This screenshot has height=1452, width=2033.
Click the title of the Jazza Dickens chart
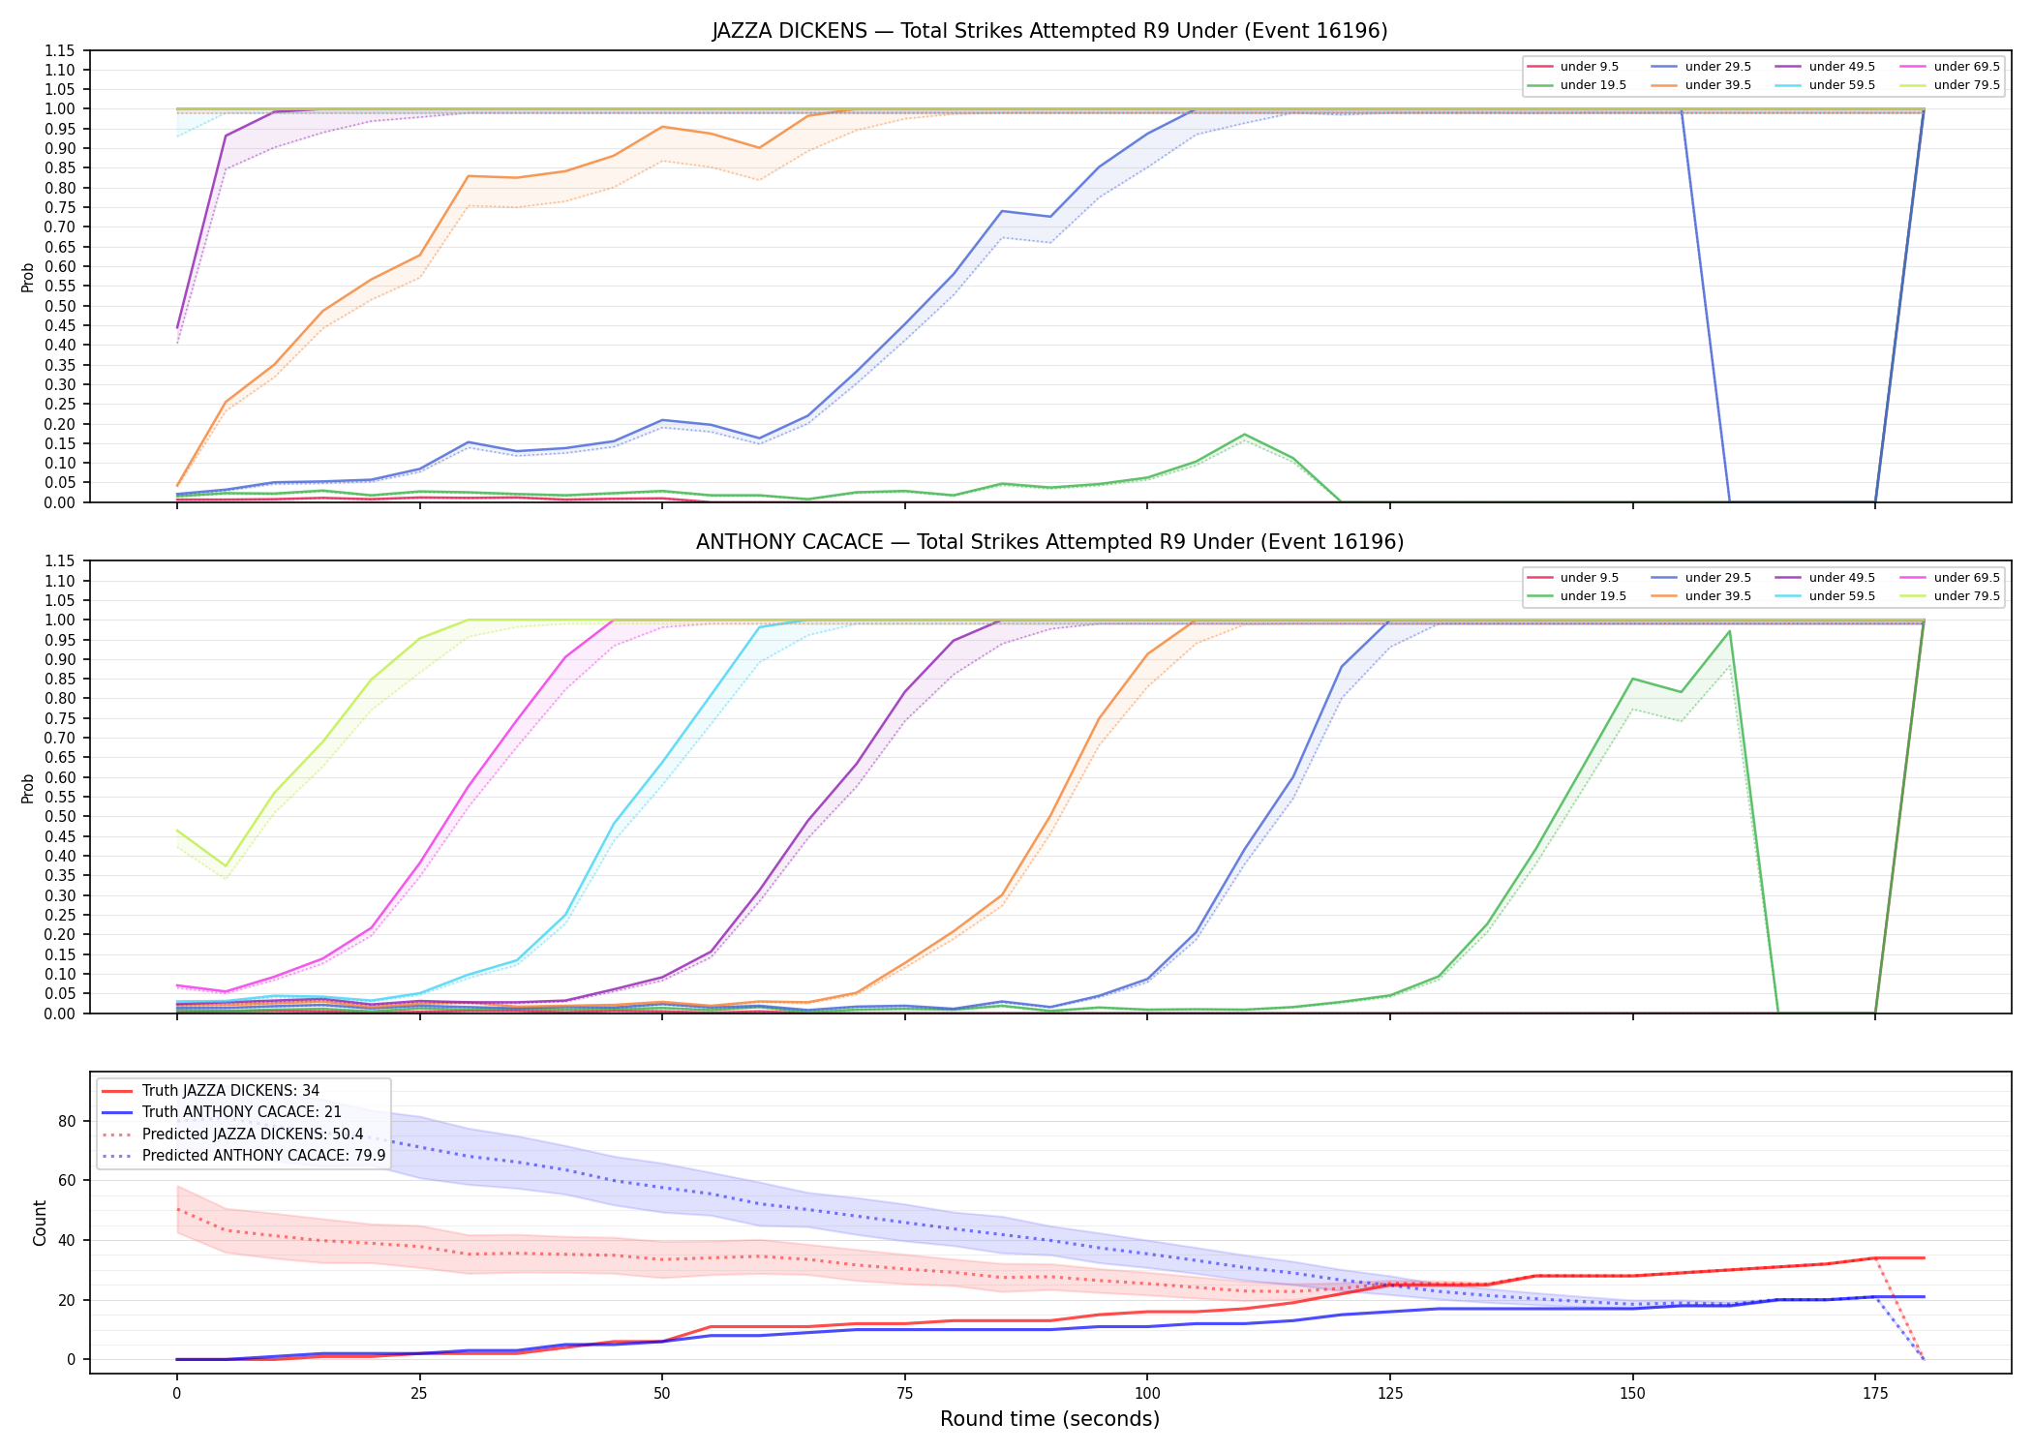click(x=1049, y=31)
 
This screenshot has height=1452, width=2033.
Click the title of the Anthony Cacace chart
click(x=1049, y=542)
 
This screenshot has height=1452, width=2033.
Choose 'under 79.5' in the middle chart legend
click(x=1966, y=596)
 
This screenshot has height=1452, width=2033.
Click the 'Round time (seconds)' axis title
click(x=1049, y=1419)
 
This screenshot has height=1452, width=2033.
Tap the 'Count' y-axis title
click(x=40, y=1223)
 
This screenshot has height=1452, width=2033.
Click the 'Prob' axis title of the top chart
click(x=28, y=278)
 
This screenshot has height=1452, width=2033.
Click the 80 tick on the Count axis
click(x=68, y=1122)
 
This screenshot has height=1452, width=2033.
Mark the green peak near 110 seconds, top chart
click(x=1244, y=435)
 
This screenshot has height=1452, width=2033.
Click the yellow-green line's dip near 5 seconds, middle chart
click(x=226, y=865)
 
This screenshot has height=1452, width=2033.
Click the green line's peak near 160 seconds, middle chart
click(x=1729, y=631)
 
